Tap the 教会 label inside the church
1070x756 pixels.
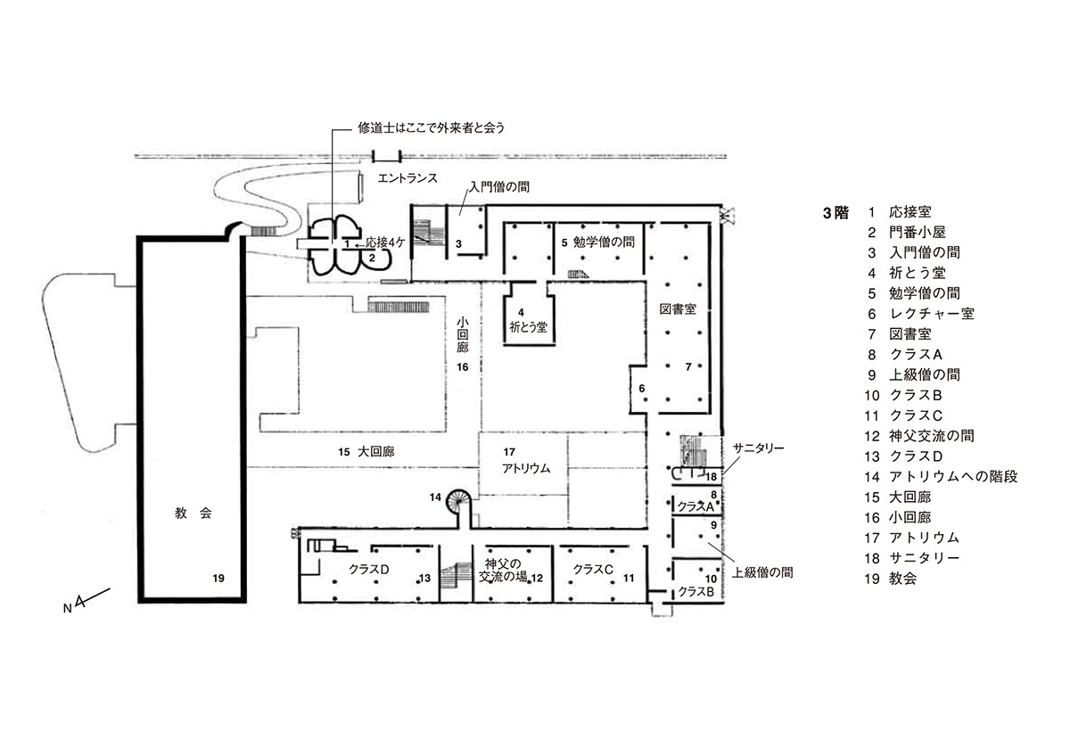(193, 514)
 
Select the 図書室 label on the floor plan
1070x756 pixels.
(678, 309)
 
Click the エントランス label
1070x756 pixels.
(407, 178)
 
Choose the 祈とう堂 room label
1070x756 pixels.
(528, 327)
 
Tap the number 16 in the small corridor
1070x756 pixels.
(463, 367)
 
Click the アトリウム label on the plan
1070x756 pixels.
(526, 469)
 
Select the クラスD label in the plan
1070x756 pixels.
(369, 570)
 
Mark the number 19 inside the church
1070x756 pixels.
(218, 579)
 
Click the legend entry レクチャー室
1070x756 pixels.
(932, 314)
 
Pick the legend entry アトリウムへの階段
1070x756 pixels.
(953, 477)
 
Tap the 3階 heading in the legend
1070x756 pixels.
(835, 212)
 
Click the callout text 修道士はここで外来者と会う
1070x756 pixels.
(432, 128)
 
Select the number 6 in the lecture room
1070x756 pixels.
(641, 389)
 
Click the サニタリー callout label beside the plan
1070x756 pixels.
(758, 448)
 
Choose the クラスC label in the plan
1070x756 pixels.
(593, 570)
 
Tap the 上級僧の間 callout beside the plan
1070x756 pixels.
(762, 572)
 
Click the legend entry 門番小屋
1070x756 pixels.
(918, 233)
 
